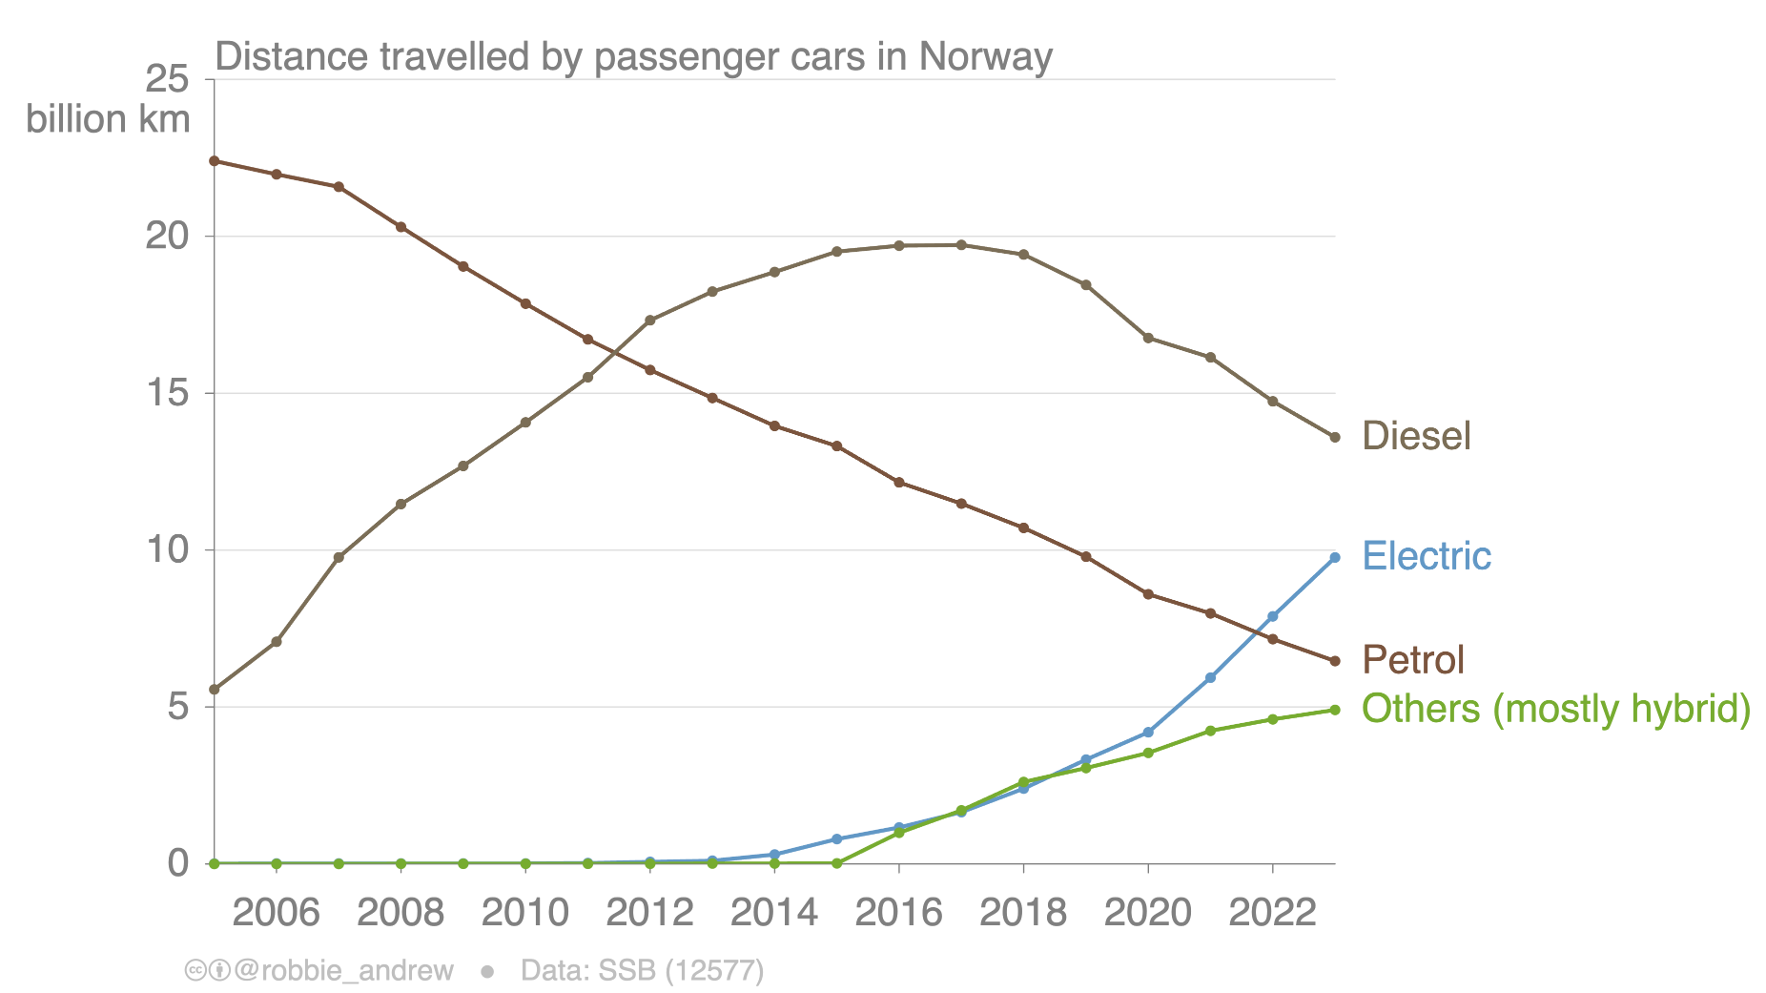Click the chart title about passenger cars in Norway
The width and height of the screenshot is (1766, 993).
(x=633, y=56)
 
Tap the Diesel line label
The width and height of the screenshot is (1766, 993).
(x=1416, y=436)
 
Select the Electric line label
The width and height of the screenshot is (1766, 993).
(x=1426, y=556)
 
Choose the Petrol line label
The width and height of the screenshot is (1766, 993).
(x=1412, y=660)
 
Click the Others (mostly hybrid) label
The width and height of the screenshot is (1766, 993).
(x=1555, y=710)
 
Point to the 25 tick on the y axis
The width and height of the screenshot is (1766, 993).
(x=167, y=79)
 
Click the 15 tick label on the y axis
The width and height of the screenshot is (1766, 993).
(x=167, y=393)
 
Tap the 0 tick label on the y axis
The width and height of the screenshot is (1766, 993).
(x=178, y=863)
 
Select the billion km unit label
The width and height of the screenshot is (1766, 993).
(x=108, y=120)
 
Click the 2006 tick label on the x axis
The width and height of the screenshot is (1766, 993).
(x=276, y=913)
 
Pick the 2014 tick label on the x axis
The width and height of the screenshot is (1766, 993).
(x=773, y=913)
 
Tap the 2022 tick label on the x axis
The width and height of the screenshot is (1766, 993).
(x=1272, y=913)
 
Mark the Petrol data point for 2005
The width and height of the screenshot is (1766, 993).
(x=215, y=161)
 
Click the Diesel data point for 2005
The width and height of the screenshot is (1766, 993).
(x=215, y=689)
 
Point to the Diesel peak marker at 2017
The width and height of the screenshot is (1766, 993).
(x=961, y=245)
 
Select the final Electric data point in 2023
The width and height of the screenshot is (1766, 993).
(x=1335, y=557)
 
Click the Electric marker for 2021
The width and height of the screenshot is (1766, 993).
(x=1210, y=678)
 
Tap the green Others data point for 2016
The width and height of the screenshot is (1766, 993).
(x=899, y=833)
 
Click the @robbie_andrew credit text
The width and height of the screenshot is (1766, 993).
(x=343, y=971)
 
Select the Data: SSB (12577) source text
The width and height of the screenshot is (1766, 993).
(x=642, y=971)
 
